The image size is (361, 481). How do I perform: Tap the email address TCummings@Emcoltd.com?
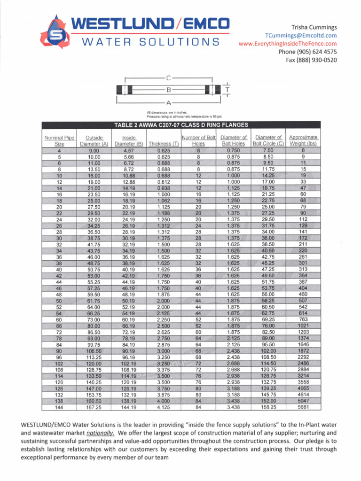click(301, 36)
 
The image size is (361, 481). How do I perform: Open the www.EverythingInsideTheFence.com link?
click(288, 44)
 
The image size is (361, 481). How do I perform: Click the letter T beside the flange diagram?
click(228, 89)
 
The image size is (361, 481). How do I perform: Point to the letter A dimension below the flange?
click(168, 102)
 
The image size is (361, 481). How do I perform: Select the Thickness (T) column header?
click(163, 144)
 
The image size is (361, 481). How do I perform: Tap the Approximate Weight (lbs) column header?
click(303, 140)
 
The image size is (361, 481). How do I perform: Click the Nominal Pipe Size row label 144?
click(59, 407)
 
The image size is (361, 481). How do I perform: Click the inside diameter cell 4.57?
click(129, 151)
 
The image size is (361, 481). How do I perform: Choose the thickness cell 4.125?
click(164, 407)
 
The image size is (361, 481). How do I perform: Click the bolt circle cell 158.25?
click(268, 407)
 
